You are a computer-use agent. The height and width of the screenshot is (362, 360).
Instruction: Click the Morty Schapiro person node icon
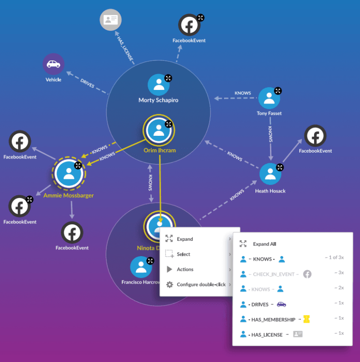(x=158, y=84)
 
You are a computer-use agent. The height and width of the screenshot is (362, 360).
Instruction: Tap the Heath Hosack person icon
(x=270, y=174)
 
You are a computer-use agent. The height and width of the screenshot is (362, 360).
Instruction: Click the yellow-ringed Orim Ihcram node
(x=158, y=130)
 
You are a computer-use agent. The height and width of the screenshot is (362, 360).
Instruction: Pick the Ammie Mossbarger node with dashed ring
(x=68, y=173)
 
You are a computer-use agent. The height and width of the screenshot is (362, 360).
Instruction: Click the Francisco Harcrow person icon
(x=141, y=267)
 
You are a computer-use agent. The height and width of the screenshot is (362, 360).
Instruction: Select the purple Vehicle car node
(x=53, y=65)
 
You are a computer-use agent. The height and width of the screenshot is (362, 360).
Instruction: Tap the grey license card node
(x=111, y=20)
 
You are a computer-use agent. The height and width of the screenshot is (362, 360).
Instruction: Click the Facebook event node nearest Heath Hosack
(x=315, y=136)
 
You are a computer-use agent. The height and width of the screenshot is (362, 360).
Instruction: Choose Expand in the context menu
(x=185, y=239)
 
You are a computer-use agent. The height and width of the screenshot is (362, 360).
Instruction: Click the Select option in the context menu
(x=183, y=254)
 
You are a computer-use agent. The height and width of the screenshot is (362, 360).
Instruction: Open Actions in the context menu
(x=185, y=269)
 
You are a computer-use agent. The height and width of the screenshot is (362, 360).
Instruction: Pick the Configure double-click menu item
(x=201, y=284)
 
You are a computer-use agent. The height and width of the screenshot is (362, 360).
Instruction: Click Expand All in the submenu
(x=264, y=244)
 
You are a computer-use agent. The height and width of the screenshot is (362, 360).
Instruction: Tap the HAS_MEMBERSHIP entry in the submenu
(x=274, y=319)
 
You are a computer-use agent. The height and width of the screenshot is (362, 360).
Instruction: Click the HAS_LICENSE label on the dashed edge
(x=125, y=48)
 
